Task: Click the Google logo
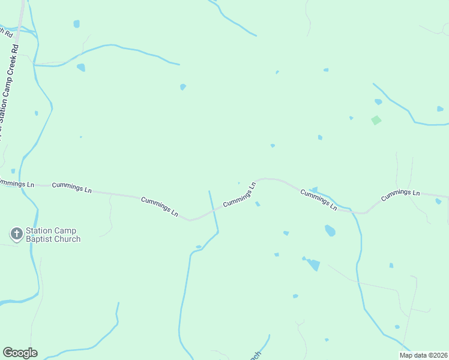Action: point(20,353)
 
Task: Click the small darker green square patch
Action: point(376,120)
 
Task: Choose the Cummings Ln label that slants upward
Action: point(240,194)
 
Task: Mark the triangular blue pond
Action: point(313,265)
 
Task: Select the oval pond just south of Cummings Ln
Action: point(330,230)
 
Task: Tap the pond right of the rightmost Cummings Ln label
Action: point(438,201)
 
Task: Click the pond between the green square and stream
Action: point(378,102)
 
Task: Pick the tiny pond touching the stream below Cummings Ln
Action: point(198,247)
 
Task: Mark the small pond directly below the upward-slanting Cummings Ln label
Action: point(258,204)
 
